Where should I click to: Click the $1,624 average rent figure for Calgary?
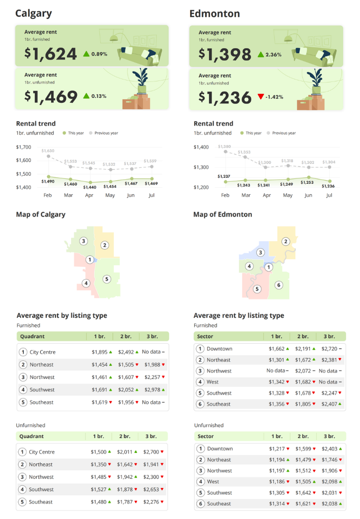[51, 54]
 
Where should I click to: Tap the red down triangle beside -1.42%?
[261, 96]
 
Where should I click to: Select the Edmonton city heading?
[215, 13]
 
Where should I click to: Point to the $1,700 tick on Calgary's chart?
[23, 147]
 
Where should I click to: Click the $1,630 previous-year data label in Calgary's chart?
[48, 150]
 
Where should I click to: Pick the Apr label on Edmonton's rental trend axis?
[267, 195]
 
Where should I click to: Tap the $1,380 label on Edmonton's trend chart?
[224, 147]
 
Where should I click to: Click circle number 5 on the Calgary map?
[107, 279]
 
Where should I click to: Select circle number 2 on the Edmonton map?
[286, 241]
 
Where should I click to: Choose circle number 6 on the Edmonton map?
[279, 285]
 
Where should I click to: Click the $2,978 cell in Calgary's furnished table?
[152, 389]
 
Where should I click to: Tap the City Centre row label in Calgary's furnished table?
[43, 352]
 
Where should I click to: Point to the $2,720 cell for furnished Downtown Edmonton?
[329, 349]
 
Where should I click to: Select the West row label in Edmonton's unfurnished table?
[213, 482]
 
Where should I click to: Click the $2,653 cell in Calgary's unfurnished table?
[151, 489]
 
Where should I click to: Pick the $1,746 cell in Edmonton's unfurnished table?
[330, 459]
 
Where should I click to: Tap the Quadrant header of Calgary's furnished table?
[32, 336]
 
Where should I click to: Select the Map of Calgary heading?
[41, 215]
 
